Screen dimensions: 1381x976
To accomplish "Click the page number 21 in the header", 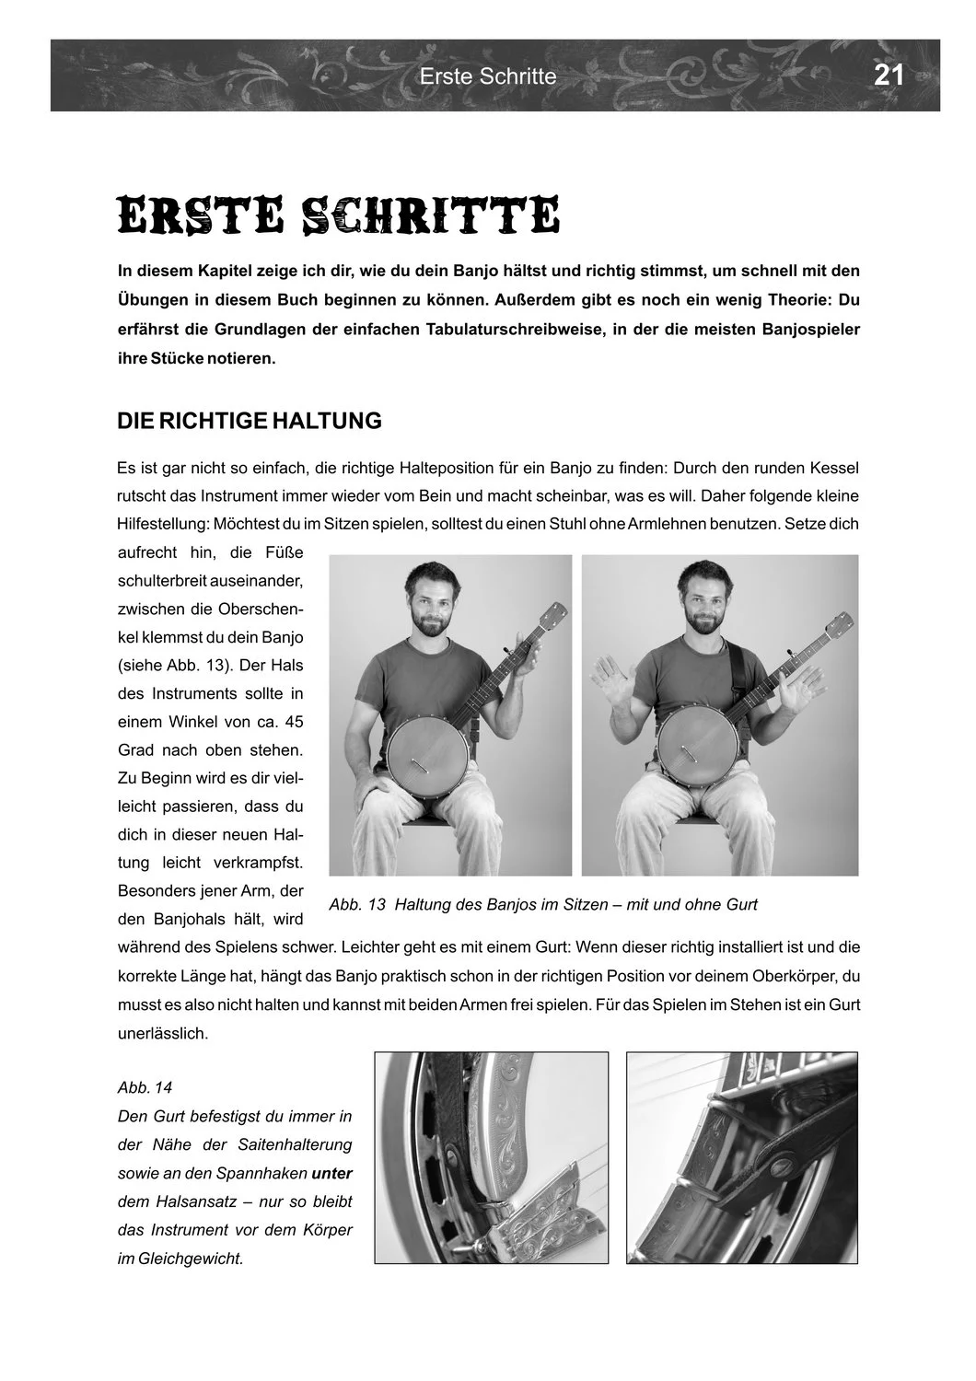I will pos(889,75).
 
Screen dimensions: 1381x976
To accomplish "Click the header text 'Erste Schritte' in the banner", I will pos(488,76).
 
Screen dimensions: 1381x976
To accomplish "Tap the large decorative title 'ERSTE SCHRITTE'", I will pos(338,215).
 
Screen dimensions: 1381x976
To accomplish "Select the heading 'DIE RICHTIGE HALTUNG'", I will pos(250,421).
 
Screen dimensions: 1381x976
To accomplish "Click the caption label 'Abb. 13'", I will pos(356,904).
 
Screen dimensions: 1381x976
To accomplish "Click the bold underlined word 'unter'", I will pos(332,1173).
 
